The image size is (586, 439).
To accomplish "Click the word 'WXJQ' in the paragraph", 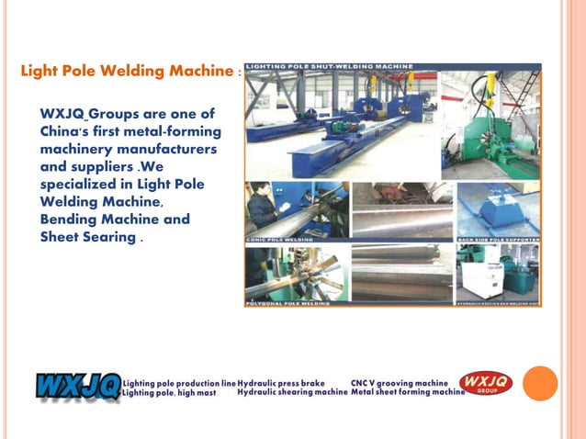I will click(62, 114).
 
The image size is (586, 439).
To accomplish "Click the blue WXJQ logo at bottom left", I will click(77, 385).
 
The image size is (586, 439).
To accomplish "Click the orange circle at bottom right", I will click(540, 384).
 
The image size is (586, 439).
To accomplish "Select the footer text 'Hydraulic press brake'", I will click(281, 381).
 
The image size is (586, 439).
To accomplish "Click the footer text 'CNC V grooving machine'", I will click(400, 381).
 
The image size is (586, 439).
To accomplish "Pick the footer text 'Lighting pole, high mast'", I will click(170, 392).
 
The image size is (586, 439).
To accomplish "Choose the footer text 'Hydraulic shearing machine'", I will click(292, 392).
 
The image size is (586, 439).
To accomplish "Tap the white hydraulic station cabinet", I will click(478, 272).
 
